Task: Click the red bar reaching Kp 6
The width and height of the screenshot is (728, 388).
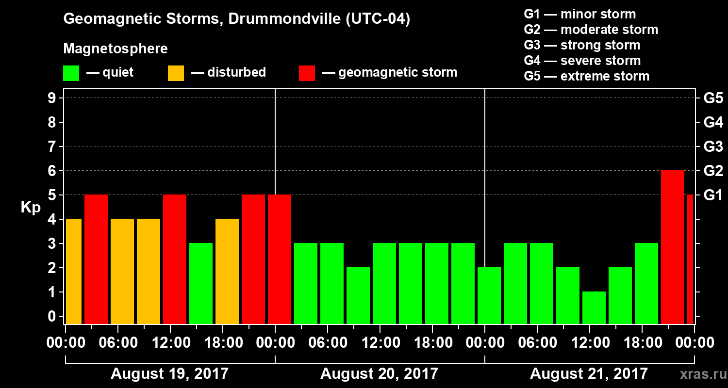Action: pyautogui.click(x=673, y=247)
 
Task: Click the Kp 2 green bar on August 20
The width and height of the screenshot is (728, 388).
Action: pyautogui.click(x=358, y=295)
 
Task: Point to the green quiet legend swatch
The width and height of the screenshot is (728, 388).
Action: pyautogui.click(x=71, y=73)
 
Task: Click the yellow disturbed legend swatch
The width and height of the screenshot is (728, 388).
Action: pyautogui.click(x=176, y=73)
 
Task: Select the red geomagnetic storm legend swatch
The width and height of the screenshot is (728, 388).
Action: pyautogui.click(x=307, y=73)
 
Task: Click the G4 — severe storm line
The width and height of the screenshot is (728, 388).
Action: pyautogui.click(x=582, y=61)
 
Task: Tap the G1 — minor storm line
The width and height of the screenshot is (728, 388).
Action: pyautogui.click(x=579, y=14)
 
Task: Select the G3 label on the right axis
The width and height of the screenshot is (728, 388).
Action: pyautogui.click(x=713, y=146)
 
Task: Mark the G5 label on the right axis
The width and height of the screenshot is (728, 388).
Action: pyautogui.click(x=713, y=98)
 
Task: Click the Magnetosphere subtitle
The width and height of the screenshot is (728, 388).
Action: pyautogui.click(x=116, y=49)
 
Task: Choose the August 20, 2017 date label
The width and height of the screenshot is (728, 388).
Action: pyautogui.click(x=379, y=373)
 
